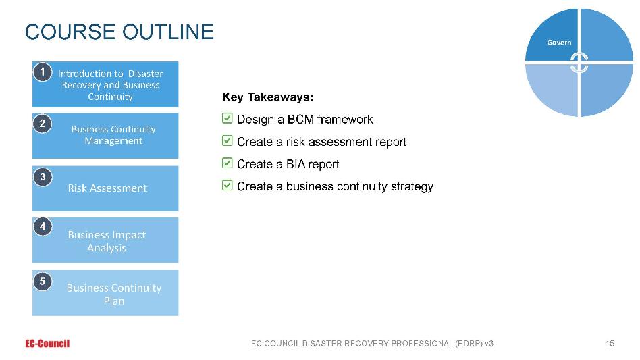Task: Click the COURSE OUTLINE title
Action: coord(119,32)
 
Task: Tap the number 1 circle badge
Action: coord(43,72)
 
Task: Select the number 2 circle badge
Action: coord(43,124)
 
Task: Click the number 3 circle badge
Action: coord(43,177)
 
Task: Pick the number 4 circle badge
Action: coord(43,226)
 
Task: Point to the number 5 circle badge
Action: coord(43,281)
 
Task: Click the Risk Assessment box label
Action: coord(107,188)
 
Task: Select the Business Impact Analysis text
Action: coord(107,241)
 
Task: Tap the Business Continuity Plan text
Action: coord(114,294)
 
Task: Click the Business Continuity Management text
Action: coord(113,134)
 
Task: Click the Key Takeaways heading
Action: coord(268,97)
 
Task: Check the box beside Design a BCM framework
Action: coord(228,118)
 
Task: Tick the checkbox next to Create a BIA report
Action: coord(228,163)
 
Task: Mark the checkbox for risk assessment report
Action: coord(228,140)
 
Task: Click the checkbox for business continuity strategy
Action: coord(228,185)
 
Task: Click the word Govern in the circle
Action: coord(559,43)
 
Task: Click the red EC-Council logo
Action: coord(47,344)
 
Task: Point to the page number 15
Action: coord(610,344)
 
